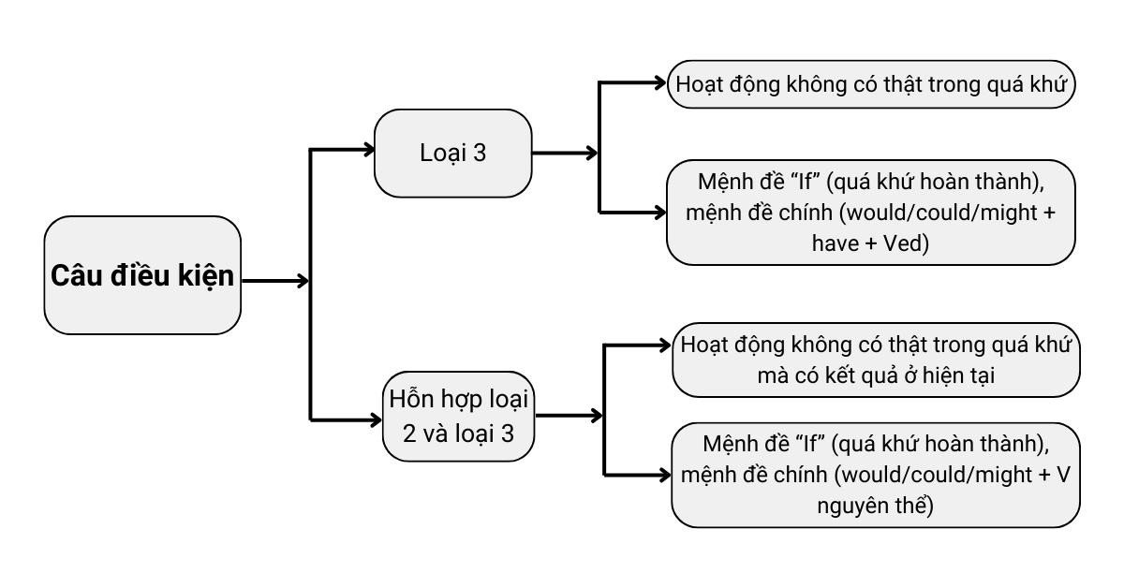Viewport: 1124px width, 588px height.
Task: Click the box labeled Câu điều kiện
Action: coord(142,275)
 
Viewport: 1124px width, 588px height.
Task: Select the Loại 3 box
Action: coord(453,154)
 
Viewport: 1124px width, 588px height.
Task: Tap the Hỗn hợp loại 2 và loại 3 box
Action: coord(459,415)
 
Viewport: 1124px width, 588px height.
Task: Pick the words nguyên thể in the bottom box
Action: coord(876,506)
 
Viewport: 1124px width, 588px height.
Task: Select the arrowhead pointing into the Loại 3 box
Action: coord(366,148)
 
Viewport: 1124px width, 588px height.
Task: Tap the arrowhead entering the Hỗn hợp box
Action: coord(374,419)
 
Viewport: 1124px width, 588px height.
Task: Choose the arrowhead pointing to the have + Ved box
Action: coord(658,212)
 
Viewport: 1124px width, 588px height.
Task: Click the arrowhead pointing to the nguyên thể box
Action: coord(664,472)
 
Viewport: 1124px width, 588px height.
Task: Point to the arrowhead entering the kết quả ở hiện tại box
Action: coord(664,345)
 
